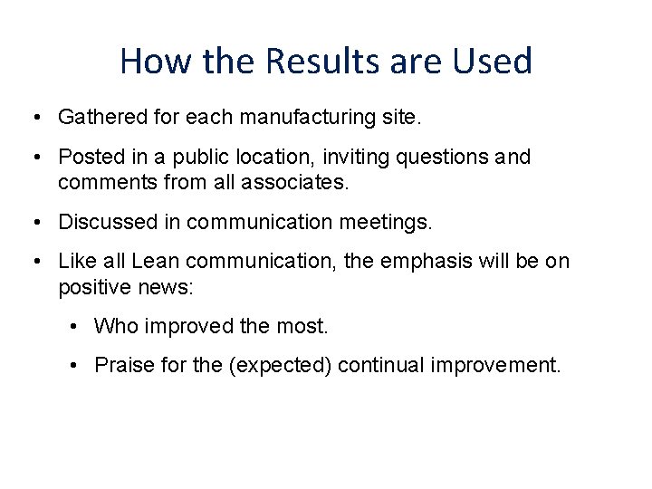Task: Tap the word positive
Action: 90,288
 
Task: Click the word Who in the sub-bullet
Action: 113,326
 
